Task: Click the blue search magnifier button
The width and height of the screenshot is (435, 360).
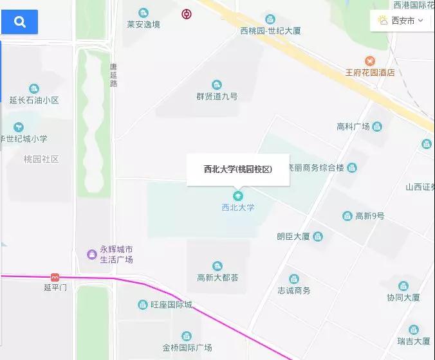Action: tap(19, 22)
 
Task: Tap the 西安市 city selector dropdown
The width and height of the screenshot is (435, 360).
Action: tap(402, 21)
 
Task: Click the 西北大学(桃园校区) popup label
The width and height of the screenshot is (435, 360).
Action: tap(238, 170)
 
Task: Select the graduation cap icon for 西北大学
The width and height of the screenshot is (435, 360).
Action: tap(238, 195)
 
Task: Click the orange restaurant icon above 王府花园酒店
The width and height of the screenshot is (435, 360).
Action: tap(369, 61)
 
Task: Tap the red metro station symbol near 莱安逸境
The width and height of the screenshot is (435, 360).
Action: tap(186, 14)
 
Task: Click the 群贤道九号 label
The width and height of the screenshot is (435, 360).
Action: tap(217, 96)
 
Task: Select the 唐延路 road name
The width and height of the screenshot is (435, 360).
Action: tap(113, 75)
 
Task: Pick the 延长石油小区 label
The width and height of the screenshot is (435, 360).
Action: tap(34, 100)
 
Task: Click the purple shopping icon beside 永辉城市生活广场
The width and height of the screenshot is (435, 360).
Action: tap(92, 255)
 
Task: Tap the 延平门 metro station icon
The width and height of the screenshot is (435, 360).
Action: tap(55, 277)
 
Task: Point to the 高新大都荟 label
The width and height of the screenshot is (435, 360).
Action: tap(217, 278)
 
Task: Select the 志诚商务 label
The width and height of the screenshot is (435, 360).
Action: tap(293, 291)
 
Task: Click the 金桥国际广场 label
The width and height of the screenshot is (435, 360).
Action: tap(187, 348)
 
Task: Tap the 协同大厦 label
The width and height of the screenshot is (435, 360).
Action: tap(403, 298)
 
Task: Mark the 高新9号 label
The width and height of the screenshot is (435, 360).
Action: tap(369, 216)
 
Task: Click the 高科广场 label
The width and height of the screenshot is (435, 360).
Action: tap(353, 126)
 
